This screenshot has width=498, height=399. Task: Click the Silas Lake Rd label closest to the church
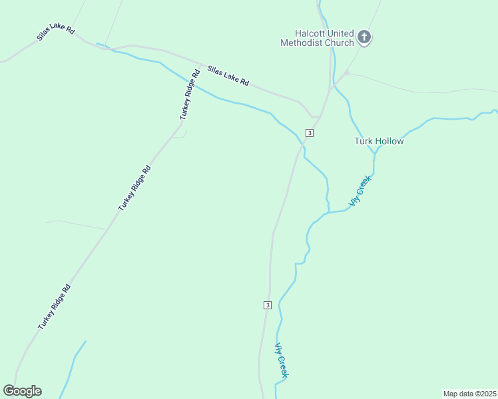click(228, 75)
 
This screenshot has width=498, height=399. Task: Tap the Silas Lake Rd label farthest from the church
click(56, 33)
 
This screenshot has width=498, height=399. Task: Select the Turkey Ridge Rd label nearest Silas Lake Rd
click(189, 95)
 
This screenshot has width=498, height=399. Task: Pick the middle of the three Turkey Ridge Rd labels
click(134, 188)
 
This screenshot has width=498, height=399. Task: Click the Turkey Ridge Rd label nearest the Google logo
click(54, 307)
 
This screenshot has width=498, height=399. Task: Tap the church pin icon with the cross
click(364, 37)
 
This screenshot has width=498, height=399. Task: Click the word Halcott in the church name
click(312, 33)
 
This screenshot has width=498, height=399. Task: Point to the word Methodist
click(302, 43)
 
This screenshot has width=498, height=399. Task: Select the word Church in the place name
click(339, 43)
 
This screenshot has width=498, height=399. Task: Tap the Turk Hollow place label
click(379, 141)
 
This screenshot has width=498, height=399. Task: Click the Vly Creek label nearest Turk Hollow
click(360, 190)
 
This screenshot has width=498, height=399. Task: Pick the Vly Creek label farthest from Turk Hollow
click(282, 360)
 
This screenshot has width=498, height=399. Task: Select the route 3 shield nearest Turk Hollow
click(310, 132)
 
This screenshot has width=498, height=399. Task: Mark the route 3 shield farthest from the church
click(267, 305)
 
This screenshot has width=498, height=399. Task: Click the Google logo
click(22, 391)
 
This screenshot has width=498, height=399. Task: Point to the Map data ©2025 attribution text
click(470, 394)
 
